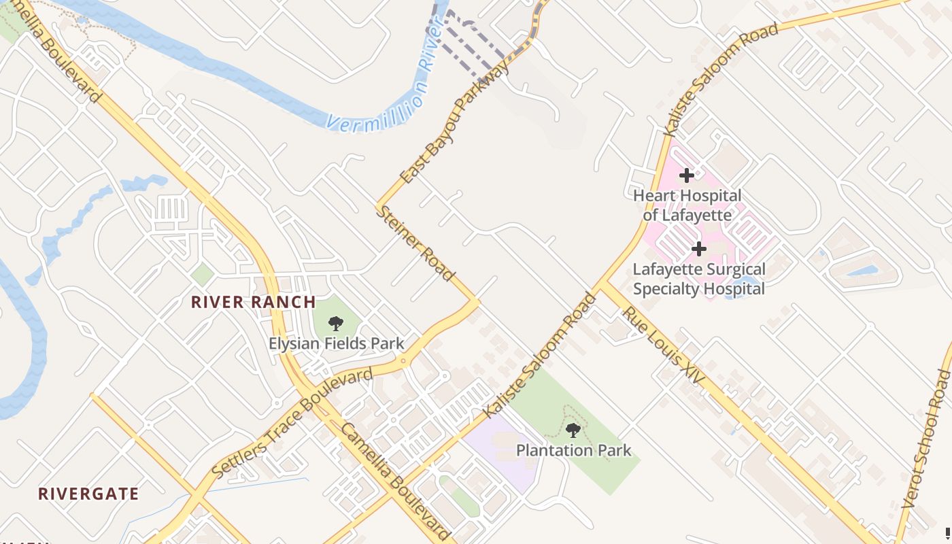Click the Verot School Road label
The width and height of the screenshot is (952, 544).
[925, 439]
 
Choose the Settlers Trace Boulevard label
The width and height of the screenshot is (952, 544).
[292, 422]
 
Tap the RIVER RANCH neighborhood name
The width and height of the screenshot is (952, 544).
[253, 303]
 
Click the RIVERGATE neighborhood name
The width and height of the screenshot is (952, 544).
[88, 494]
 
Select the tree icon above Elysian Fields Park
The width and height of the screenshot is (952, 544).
[336, 324]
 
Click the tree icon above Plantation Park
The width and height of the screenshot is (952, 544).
[573, 430]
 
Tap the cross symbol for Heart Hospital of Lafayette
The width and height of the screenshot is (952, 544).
[687, 175]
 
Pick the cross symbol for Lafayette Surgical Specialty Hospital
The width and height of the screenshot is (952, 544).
[699, 249]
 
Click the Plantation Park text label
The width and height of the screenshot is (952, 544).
[573, 450]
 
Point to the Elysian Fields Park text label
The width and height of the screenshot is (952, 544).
[336, 343]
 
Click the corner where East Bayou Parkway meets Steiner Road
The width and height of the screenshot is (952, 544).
[378, 203]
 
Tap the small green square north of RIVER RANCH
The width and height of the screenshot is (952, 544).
[202, 275]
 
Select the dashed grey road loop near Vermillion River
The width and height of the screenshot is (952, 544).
[469, 41]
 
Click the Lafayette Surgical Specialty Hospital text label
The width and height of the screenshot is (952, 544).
[699, 279]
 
